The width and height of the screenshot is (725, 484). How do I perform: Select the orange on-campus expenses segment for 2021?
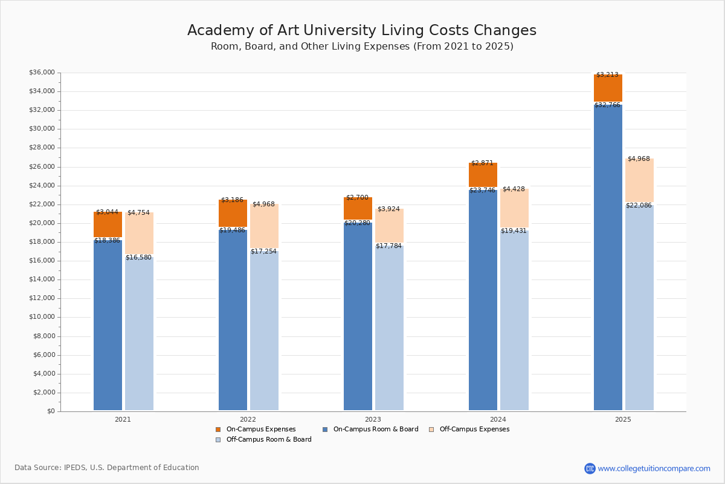pyautogui.click(x=108, y=225)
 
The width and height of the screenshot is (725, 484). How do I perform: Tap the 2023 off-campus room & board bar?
pyautogui.click(x=389, y=327)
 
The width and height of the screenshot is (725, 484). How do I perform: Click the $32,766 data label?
pyautogui.click(x=607, y=105)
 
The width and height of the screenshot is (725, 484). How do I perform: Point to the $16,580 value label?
pyautogui.click(x=138, y=258)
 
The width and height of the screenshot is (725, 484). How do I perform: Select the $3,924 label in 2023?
pyautogui.click(x=388, y=209)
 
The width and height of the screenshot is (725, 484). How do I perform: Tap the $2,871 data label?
pyautogui.click(x=482, y=163)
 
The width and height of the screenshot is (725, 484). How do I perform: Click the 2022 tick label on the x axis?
pyautogui.click(x=248, y=419)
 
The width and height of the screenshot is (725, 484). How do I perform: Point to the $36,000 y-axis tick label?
pyautogui.click(x=42, y=73)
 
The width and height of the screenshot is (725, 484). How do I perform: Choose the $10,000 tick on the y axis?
pyautogui.click(x=42, y=317)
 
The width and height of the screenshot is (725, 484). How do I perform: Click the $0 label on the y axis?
pyautogui.click(x=50, y=411)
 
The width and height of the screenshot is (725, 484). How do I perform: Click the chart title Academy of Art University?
pyautogui.click(x=361, y=31)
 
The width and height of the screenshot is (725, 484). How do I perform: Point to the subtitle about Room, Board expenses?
pyautogui.click(x=361, y=47)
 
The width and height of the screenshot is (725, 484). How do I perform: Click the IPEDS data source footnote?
pyautogui.click(x=107, y=468)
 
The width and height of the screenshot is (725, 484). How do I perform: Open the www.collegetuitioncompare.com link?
pyautogui.click(x=654, y=468)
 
